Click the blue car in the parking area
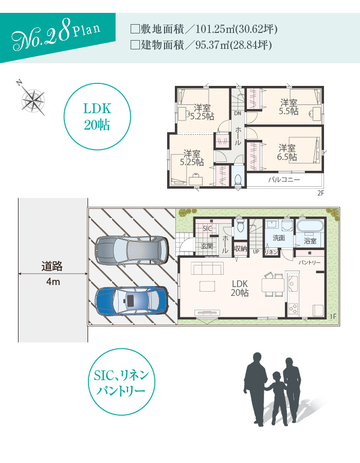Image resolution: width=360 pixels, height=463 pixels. (132, 301)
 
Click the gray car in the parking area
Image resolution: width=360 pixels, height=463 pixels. (132, 251)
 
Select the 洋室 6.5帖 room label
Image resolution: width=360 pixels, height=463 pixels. (287, 152)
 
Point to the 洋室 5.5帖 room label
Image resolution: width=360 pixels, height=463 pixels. (289, 107)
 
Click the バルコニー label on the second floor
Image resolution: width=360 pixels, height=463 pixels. (284, 180)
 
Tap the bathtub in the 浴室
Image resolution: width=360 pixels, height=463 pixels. (310, 227)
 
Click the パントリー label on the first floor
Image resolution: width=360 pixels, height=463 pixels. (309, 262)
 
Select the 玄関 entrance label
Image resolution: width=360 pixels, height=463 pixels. (207, 246)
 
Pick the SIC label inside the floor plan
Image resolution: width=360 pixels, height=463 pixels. (207, 228)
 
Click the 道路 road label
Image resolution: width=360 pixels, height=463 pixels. (52, 266)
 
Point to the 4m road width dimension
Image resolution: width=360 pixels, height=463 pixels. (53, 282)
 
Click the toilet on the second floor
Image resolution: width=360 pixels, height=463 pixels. (238, 180)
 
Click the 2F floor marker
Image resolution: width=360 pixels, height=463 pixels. (321, 193)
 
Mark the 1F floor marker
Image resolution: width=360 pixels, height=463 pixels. (333, 317)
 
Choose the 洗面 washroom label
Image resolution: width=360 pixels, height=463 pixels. (279, 238)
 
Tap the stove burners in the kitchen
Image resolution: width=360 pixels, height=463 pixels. (293, 309)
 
